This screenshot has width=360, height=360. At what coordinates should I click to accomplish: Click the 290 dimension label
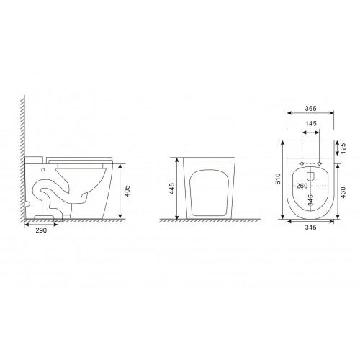(41, 230)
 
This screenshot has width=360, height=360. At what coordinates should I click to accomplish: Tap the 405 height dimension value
(127, 191)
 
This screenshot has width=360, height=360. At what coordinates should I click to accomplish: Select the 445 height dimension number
(171, 189)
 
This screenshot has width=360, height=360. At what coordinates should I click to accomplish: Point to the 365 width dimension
(311, 109)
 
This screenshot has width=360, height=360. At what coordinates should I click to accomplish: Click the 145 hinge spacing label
(311, 124)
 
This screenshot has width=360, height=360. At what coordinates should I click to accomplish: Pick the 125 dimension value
(343, 149)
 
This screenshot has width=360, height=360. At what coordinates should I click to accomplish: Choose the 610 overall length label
(278, 179)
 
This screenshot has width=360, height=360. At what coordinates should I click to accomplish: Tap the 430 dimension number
(343, 192)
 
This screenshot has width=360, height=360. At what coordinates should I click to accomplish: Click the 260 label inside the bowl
(302, 186)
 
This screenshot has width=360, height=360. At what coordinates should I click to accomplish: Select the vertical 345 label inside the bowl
(311, 200)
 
